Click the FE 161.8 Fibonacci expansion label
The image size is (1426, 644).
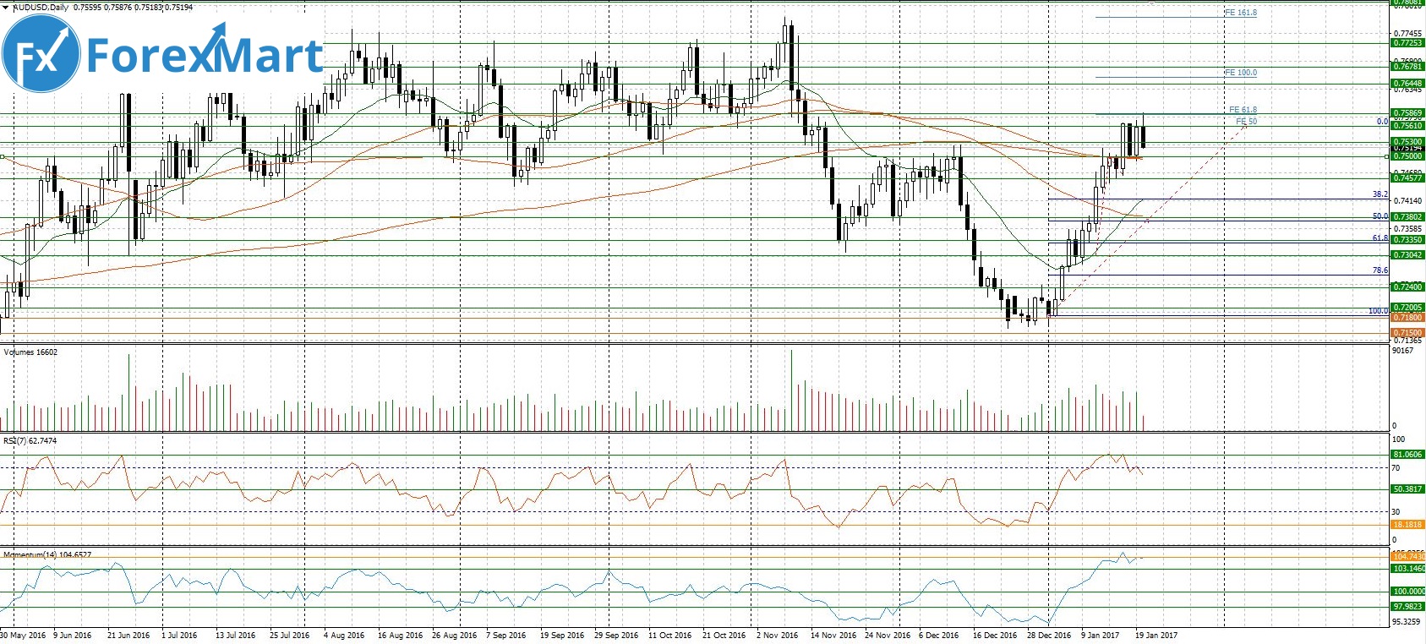pyautogui.click(x=1240, y=13)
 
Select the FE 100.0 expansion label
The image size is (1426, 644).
pyautogui.click(x=1240, y=73)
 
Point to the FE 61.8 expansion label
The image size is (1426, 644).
pyautogui.click(x=1243, y=110)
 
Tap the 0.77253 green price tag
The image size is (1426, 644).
pyautogui.click(x=1407, y=43)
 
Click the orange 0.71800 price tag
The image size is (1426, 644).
pyautogui.click(x=1407, y=318)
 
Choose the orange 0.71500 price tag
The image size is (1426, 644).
pyautogui.click(x=1407, y=333)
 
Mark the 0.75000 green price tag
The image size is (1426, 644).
pyautogui.click(x=1407, y=156)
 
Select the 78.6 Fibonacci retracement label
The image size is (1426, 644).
pyautogui.click(x=1380, y=270)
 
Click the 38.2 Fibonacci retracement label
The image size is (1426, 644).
pyautogui.click(x=1380, y=194)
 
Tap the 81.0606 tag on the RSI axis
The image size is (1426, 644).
pyautogui.click(x=1407, y=455)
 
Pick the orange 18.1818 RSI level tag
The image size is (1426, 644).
pyautogui.click(x=1407, y=525)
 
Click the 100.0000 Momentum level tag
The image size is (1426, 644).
pyautogui.click(x=1408, y=592)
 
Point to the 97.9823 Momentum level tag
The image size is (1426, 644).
pyautogui.click(x=1407, y=607)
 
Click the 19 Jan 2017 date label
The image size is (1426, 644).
pyautogui.click(x=1156, y=636)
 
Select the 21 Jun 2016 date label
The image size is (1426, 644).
pyautogui.click(x=128, y=636)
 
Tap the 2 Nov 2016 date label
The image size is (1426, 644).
pyautogui.click(x=777, y=636)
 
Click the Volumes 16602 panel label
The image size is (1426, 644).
pyautogui.click(x=30, y=352)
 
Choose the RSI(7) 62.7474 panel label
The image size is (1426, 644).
pyautogui.click(x=30, y=441)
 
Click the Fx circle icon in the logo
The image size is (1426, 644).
pyautogui.click(x=41, y=53)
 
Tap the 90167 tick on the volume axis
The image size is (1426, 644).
pyautogui.click(x=1402, y=351)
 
